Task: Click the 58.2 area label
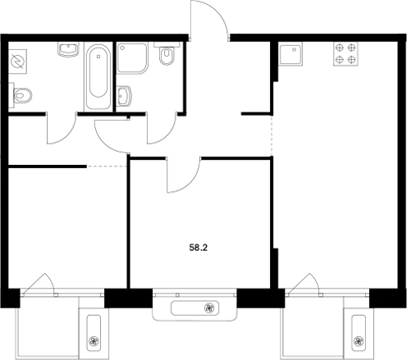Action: (199, 244)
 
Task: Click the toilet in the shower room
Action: (167, 56)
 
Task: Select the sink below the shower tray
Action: (125, 96)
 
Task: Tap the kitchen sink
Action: (290, 55)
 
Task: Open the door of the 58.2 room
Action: (184, 175)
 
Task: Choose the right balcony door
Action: (302, 283)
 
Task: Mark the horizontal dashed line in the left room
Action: (107, 166)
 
